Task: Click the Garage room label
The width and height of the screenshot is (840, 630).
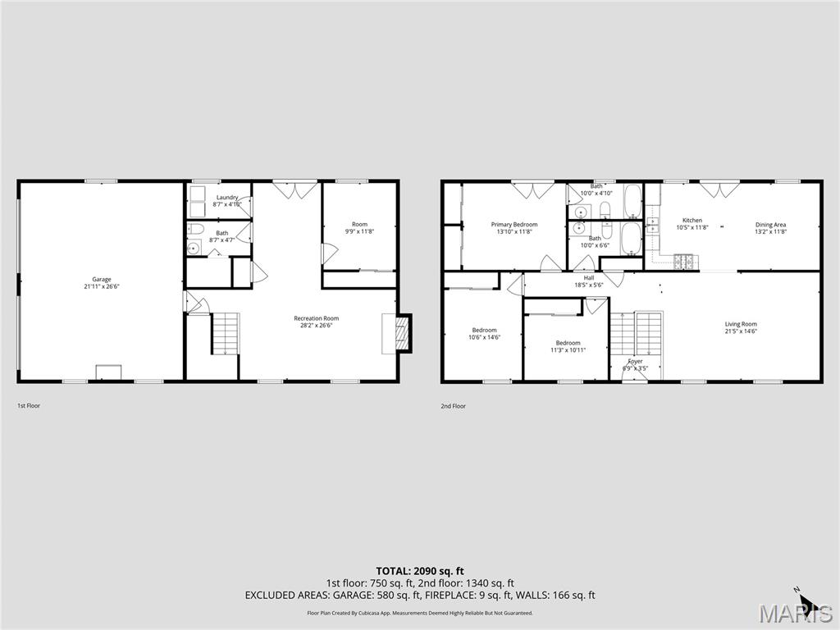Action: coord(102,280)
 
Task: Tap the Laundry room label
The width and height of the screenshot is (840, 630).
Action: coord(227,198)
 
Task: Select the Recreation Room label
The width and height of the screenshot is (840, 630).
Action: coord(316,318)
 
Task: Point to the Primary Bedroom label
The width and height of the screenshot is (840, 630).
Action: coord(514,225)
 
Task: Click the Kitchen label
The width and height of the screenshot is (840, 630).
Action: coord(692,221)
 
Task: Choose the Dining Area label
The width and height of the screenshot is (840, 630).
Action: coord(770,225)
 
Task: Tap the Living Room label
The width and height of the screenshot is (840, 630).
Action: coord(740,324)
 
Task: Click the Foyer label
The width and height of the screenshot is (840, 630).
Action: coord(636,361)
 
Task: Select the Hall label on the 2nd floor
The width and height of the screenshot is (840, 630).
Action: coord(589,277)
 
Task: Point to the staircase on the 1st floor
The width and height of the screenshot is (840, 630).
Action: coord(225,333)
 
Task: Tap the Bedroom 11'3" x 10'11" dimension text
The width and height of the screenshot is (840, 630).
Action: coord(568,350)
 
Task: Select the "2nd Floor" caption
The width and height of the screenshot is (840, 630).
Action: coord(453,406)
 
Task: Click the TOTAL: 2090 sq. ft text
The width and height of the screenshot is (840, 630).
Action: coord(420,571)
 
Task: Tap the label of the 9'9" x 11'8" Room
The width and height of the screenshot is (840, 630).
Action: coord(359,224)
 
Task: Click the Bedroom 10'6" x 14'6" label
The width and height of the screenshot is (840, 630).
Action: coord(484,330)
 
